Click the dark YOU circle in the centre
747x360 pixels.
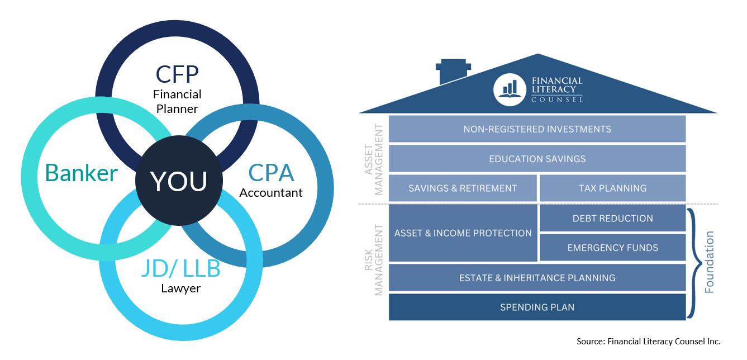(x=178, y=180)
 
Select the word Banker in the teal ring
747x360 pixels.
(x=82, y=173)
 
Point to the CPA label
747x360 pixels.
(x=271, y=173)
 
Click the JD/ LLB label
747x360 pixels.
(x=180, y=269)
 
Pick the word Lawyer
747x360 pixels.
(x=180, y=288)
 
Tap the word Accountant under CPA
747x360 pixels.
(x=271, y=193)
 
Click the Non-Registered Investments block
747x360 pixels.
(x=537, y=129)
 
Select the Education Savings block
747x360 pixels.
(x=537, y=159)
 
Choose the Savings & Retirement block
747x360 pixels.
(x=463, y=188)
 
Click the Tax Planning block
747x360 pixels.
(x=612, y=188)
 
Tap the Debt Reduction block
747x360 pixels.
(x=612, y=218)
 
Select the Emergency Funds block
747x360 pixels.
(x=612, y=248)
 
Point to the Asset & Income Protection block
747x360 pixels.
(x=463, y=233)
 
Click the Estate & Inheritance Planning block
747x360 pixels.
(x=537, y=278)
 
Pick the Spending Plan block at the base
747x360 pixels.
(x=537, y=307)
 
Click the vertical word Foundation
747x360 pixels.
(x=710, y=262)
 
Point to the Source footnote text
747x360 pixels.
(x=649, y=341)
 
